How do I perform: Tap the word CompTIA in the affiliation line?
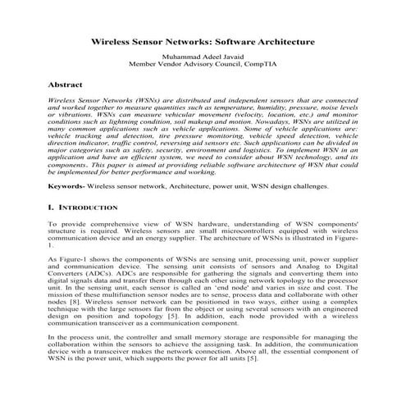[268, 62]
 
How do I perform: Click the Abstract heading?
[66, 84]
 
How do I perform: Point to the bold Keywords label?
[66, 187]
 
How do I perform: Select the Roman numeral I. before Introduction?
[52, 210]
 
